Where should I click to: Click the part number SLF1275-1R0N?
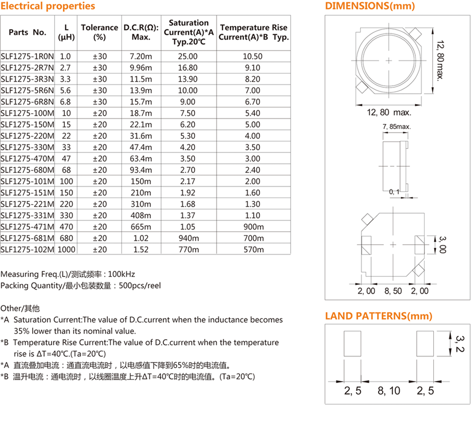click(x=28, y=57)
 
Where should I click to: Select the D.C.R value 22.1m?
click(x=141, y=124)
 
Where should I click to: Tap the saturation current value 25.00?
click(x=188, y=57)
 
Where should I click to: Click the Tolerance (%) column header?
click(x=100, y=32)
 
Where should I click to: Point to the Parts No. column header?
click(x=28, y=32)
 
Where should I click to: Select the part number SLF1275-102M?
click(x=28, y=249)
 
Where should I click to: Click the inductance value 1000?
click(x=66, y=249)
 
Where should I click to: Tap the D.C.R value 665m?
click(x=141, y=226)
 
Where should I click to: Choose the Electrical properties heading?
click(x=48, y=6)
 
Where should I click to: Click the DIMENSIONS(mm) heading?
click(x=370, y=6)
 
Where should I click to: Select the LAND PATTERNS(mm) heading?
click(x=379, y=316)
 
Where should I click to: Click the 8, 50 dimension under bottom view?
click(x=393, y=291)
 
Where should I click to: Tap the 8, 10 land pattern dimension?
click(x=389, y=391)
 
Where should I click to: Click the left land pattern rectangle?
click(x=353, y=344)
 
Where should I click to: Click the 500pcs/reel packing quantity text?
click(x=139, y=286)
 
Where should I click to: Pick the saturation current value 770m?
click(x=188, y=249)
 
